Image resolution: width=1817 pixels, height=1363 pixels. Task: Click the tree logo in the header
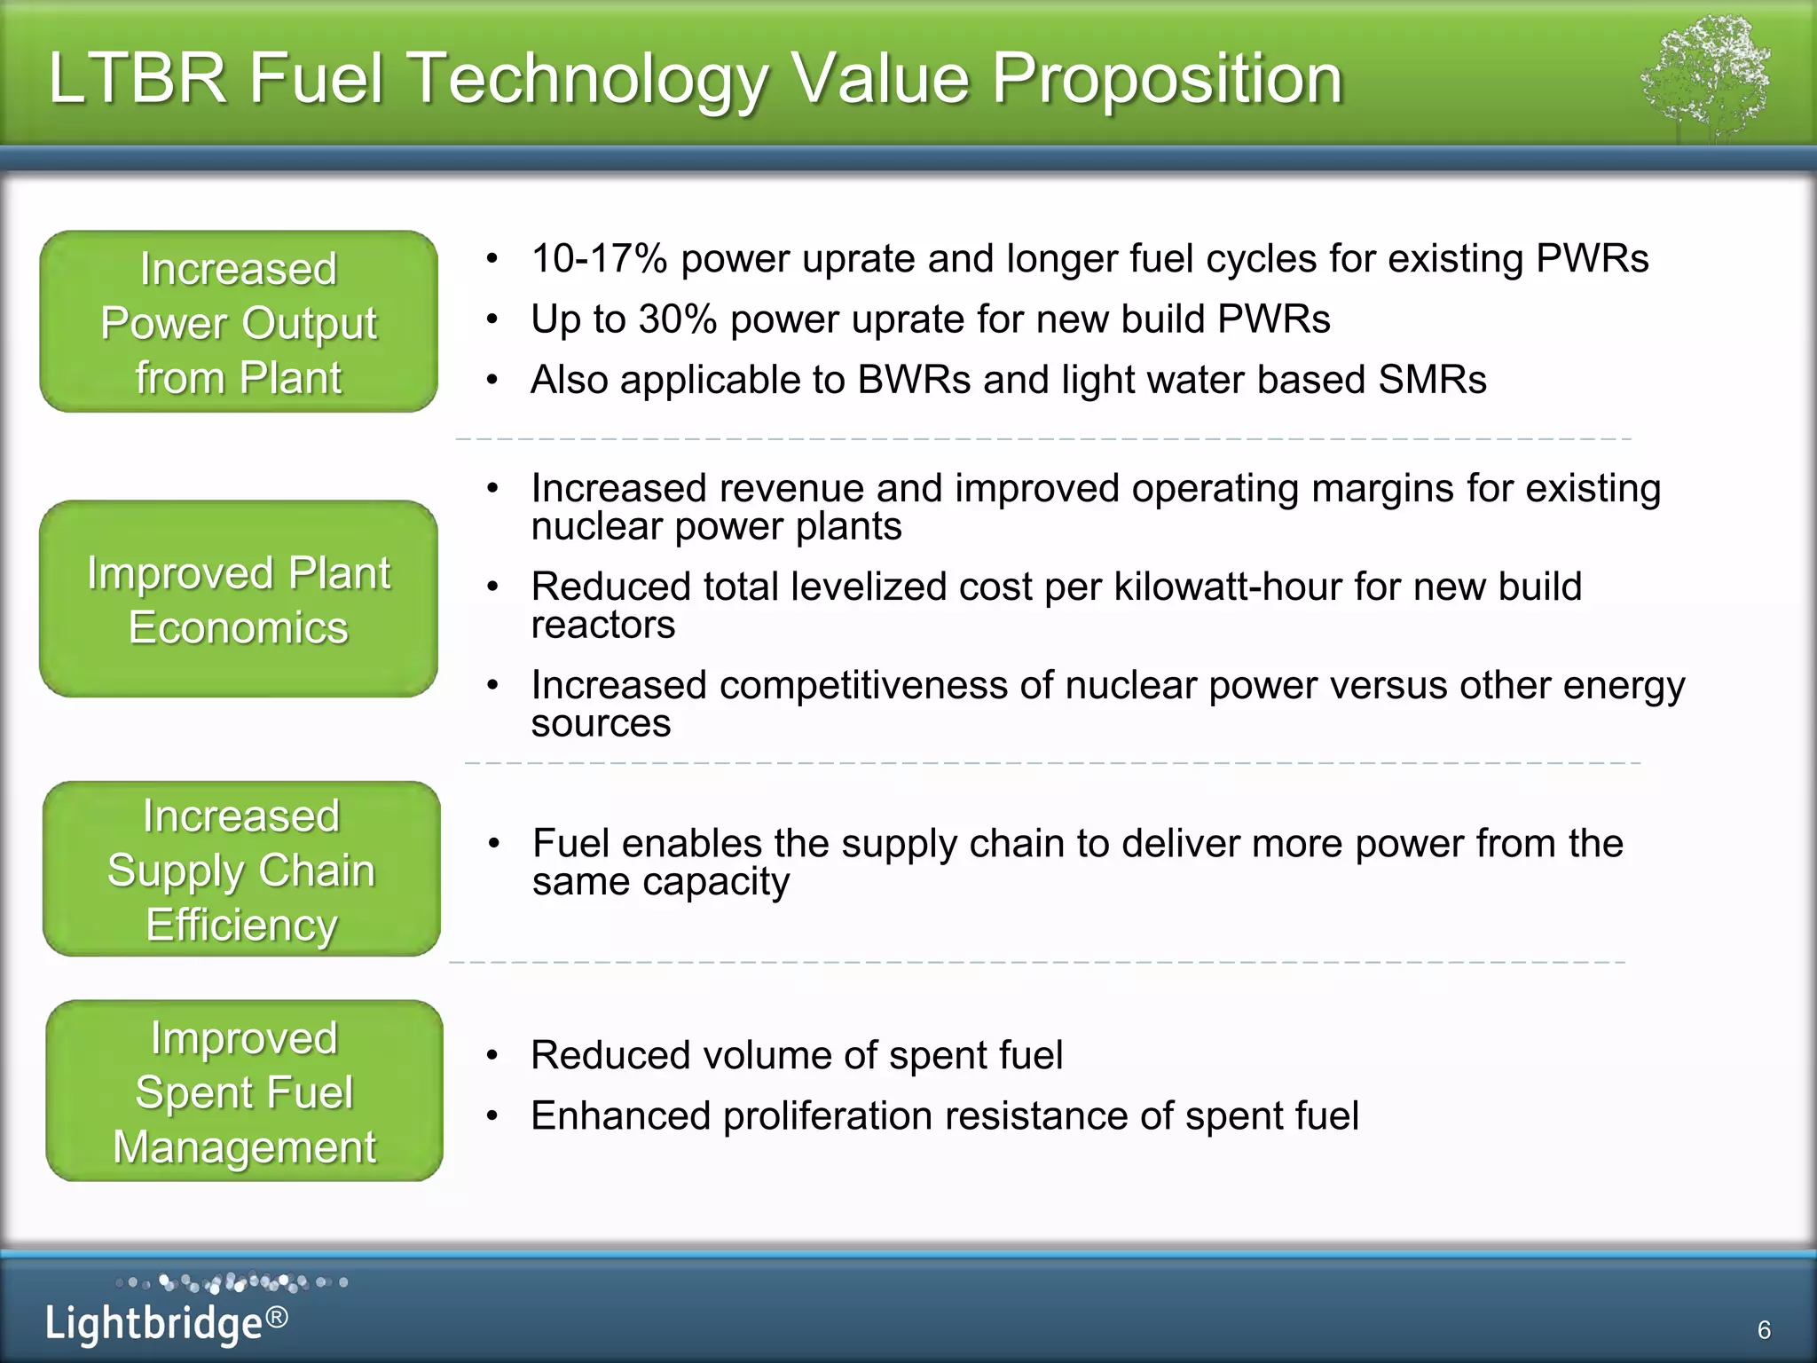pyautogui.click(x=1705, y=78)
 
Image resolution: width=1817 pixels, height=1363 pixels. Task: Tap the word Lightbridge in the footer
pyautogui.click(x=153, y=1323)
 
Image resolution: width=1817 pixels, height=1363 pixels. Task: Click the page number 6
pyautogui.click(x=1764, y=1329)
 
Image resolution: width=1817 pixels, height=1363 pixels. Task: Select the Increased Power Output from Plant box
pyautogui.click(x=239, y=322)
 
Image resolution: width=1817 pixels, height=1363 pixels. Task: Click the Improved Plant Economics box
pyautogui.click(x=239, y=599)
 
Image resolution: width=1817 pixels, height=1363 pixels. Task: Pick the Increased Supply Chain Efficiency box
pyautogui.click(x=241, y=869)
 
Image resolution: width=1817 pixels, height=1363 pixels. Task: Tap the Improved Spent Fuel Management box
pyautogui.click(x=244, y=1091)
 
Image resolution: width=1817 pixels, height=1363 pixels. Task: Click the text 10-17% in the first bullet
pyautogui.click(x=599, y=259)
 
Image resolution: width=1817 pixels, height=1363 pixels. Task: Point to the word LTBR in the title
pyautogui.click(x=138, y=78)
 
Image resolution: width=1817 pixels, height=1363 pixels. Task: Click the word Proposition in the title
pyautogui.click(x=1167, y=78)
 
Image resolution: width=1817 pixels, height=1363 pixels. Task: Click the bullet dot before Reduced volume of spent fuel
pyautogui.click(x=493, y=1055)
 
